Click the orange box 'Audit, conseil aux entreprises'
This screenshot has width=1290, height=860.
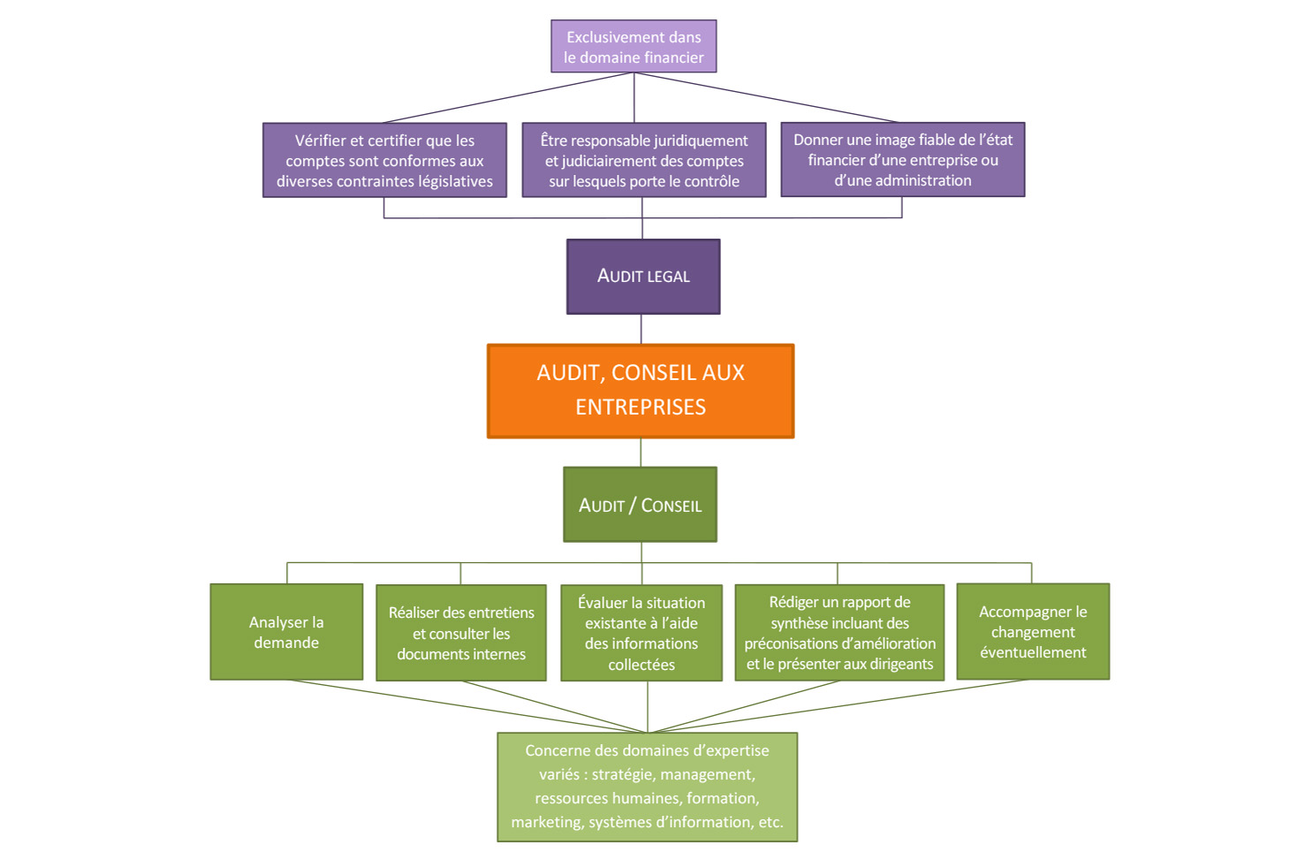pos(641,391)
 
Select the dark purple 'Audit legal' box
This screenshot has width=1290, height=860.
pos(643,277)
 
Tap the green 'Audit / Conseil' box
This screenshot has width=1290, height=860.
pos(640,505)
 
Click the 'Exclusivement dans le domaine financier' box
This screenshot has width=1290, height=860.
pos(634,47)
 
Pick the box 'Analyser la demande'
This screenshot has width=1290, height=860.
pos(286,632)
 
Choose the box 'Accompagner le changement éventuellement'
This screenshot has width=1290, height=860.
pos(1033,632)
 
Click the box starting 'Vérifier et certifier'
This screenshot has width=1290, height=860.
pos(384,160)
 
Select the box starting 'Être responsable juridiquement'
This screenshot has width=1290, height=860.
pos(644,160)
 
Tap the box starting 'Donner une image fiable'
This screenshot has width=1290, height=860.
pos(902,160)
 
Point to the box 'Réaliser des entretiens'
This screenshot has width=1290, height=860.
pos(461,633)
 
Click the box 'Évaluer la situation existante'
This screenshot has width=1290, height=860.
pos(641,633)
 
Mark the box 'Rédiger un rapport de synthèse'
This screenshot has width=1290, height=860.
pos(839,633)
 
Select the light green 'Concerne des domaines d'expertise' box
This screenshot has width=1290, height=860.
pos(647,787)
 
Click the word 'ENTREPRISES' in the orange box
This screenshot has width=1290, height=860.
pos(641,407)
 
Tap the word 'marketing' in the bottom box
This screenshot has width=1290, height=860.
pos(545,822)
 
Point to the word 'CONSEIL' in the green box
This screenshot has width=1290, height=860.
pos(672,506)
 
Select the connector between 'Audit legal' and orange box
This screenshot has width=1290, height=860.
pos(641,329)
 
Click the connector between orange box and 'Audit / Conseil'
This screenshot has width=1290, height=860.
pos(641,453)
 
